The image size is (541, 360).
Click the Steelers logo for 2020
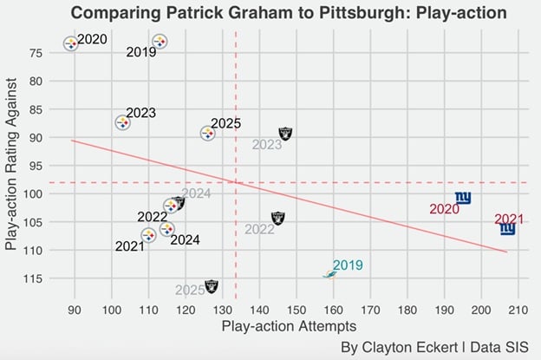click(71, 43)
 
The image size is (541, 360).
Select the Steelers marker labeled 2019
click(160, 42)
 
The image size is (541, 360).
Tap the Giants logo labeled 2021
click(508, 229)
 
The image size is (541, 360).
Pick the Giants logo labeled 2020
click(463, 199)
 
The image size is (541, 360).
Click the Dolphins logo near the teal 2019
click(330, 274)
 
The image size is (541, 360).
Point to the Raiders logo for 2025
click(212, 285)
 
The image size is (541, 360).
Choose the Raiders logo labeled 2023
click(286, 134)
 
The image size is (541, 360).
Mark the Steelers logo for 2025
click(208, 133)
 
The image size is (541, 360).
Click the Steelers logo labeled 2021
click(148, 235)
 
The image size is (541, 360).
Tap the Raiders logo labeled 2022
click(277, 218)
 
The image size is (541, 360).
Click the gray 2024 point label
click(196, 193)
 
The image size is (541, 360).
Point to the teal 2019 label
click(348, 265)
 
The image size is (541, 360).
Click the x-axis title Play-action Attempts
click(289, 327)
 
